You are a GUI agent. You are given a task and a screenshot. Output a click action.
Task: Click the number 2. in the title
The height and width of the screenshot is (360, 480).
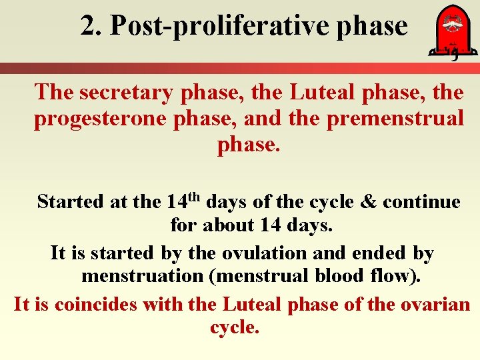point(92,26)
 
